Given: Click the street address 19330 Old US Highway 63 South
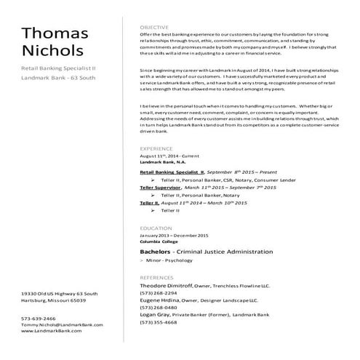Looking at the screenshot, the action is pos(59,294).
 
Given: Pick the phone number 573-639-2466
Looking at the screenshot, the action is pos(38,319).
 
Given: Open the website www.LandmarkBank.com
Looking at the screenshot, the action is pos(51,330).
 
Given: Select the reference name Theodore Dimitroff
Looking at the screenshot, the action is pos(165,286).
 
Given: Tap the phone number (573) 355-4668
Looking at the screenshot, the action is pos(158,321).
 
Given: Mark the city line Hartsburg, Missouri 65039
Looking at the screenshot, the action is pos(53,300).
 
